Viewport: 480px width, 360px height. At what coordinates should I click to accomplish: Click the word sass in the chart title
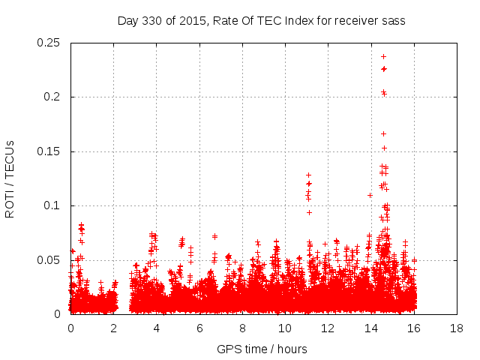(x=394, y=21)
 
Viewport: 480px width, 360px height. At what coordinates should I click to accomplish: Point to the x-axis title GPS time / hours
(x=262, y=349)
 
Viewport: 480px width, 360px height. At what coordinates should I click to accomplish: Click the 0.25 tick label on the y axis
(x=49, y=43)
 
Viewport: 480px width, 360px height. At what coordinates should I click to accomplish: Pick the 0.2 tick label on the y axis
(x=52, y=97)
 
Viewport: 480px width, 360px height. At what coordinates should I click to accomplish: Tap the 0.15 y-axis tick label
(x=49, y=151)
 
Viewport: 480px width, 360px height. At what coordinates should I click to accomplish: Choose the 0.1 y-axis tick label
(x=52, y=205)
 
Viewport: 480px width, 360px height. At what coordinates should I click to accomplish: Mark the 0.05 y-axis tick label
(x=49, y=260)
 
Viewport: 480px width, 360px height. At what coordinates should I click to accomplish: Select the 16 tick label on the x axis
(x=414, y=328)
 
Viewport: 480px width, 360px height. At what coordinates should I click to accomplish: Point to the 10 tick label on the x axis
(x=285, y=328)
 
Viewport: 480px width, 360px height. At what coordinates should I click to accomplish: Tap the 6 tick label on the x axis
(x=199, y=328)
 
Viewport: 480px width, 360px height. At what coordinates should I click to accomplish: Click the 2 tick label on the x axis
(x=114, y=328)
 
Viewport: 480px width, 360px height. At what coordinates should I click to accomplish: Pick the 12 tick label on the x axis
(x=328, y=328)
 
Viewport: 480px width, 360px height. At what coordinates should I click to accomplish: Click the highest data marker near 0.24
(x=383, y=56)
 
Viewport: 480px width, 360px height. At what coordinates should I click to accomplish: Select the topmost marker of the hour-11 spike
(x=308, y=175)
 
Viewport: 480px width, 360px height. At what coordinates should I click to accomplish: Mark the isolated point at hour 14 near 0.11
(x=370, y=195)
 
